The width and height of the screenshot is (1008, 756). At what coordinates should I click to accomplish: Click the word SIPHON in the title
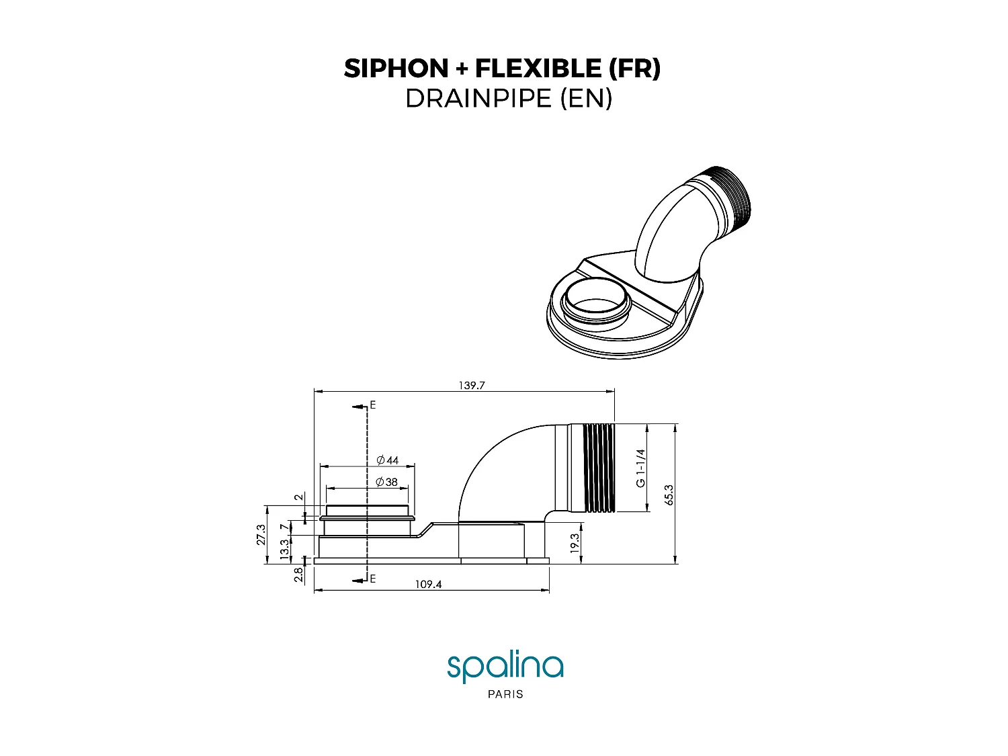(x=396, y=69)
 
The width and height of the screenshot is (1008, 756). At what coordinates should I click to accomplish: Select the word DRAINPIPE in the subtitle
(x=478, y=99)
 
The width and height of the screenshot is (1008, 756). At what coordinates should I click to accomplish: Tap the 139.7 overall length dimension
(x=472, y=386)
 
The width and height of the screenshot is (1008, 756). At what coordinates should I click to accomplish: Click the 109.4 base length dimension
(x=428, y=585)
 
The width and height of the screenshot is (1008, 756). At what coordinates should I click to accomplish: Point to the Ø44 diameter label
(x=388, y=460)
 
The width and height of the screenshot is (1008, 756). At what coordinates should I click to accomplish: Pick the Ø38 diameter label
(x=387, y=482)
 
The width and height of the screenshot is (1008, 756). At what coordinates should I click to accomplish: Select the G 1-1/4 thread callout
(x=640, y=468)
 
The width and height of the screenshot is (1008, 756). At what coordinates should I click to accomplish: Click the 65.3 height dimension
(x=668, y=494)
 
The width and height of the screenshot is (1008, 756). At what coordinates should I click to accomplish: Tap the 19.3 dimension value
(x=575, y=543)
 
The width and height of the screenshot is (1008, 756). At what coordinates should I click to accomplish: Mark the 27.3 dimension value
(x=261, y=534)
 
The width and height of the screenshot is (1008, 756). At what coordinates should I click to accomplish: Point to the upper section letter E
(x=373, y=405)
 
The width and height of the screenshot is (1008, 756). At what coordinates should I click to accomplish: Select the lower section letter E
(x=373, y=579)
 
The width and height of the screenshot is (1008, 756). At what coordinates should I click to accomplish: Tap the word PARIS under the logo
(x=505, y=694)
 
